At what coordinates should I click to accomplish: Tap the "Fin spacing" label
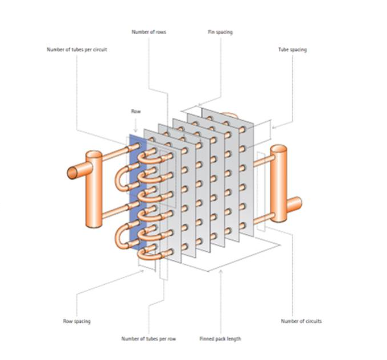click(x=220, y=32)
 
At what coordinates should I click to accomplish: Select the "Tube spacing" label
click(x=292, y=50)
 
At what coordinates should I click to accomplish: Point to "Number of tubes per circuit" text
click(x=77, y=50)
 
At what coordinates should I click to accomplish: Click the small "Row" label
click(x=135, y=112)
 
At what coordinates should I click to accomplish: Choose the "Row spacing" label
click(x=76, y=321)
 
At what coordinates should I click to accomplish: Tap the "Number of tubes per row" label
click(x=149, y=339)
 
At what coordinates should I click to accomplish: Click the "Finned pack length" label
click(x=220, y=339)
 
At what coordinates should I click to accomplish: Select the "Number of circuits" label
click(x=301, y=321)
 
